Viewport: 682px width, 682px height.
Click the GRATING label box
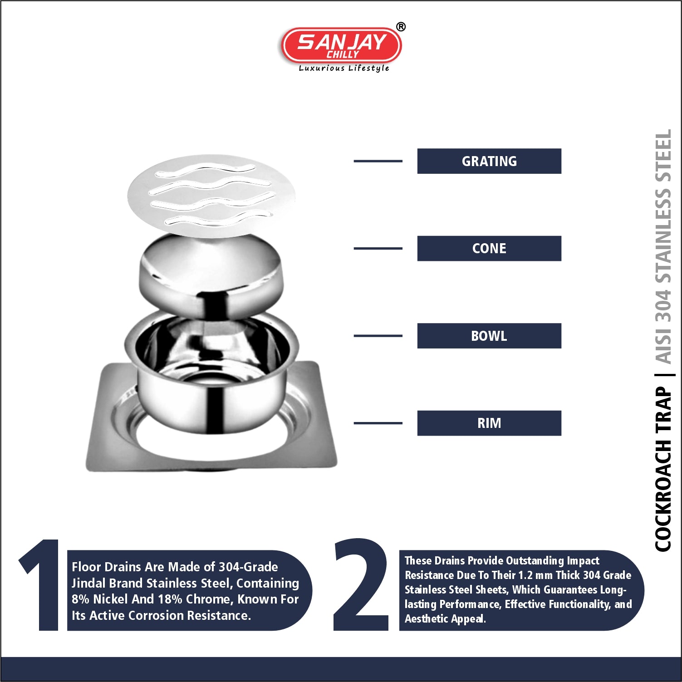pos(489,161)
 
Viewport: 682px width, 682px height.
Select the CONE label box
pos(489,248)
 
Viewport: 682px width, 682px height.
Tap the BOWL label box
pos(489,336)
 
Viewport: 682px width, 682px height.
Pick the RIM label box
pos(489,423)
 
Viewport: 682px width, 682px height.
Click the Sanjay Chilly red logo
pos(342,45)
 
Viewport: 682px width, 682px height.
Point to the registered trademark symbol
pos(401,27)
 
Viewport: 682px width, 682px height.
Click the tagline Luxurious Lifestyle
pos(344,68)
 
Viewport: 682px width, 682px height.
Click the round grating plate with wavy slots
pos(211,196)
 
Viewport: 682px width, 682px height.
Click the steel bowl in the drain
pos(211,372)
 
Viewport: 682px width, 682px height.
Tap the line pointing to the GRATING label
pos(378,161)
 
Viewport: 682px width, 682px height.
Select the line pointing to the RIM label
pos(378,423)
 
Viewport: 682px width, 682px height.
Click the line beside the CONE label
pos(378,248)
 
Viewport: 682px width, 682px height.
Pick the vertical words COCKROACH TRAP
pos(663,469)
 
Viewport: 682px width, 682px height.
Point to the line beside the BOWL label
pos(378,336)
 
